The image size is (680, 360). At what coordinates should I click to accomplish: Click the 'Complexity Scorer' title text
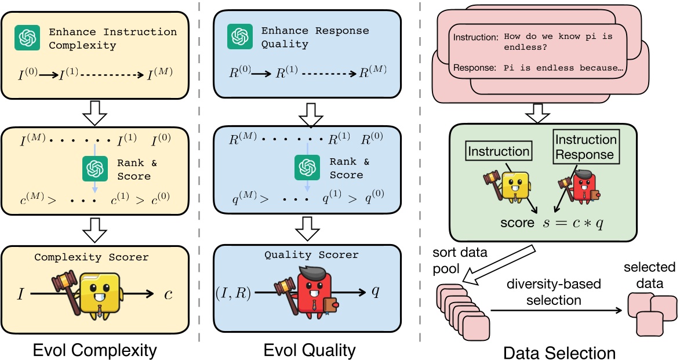point(92,257)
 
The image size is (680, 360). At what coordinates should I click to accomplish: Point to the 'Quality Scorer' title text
point(311,254)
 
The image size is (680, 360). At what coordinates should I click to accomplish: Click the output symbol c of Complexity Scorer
point(168,294)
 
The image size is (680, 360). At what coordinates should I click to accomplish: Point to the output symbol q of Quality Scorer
point(375,292)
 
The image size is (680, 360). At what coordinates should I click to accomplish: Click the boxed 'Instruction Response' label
point(586,147)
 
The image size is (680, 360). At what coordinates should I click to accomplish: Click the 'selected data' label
point(649,275)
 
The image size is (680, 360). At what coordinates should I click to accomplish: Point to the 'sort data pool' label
point(459,261)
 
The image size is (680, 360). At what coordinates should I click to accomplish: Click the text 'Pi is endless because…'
point(562,68)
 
